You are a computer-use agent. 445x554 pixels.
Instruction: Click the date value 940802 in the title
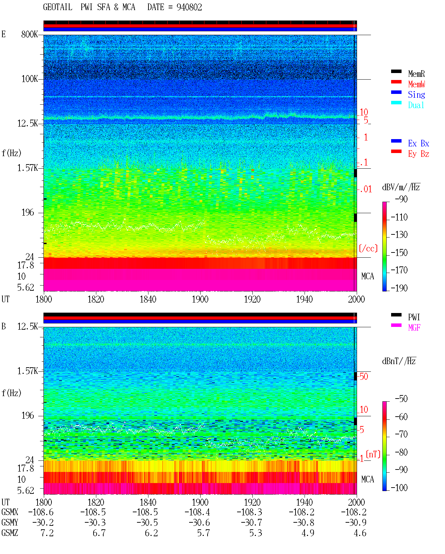coord(189,7)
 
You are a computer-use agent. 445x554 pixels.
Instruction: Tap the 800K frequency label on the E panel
coord(30,34)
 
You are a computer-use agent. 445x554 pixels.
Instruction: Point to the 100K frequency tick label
coord(30,79)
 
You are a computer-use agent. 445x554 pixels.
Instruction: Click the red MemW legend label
coord(416,84)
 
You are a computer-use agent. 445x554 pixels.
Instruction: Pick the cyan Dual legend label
coord(416,105)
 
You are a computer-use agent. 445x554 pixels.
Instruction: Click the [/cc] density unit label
coord(368,248)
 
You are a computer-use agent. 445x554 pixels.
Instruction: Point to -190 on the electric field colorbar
coord(399,288)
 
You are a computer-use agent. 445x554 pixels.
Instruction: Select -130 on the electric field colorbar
coord(399,235)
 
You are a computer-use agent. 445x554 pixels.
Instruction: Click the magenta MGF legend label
coord(414,328)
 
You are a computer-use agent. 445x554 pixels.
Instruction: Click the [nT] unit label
coord(373,454)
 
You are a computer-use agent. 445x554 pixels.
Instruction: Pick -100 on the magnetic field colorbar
coord(399,488)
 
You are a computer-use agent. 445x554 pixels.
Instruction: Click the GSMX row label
coord(10,512)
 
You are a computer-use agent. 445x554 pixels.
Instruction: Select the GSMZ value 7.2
coord(47,533)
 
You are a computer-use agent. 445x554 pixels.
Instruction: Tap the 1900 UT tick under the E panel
coord(200,299)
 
